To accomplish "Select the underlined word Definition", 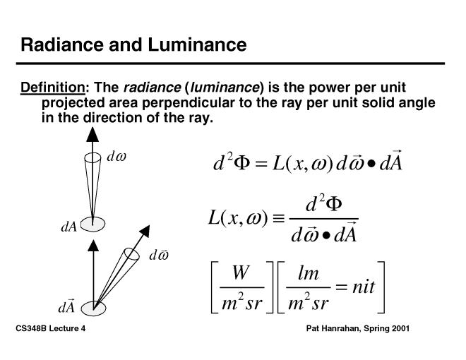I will pyautogui.click(x=52, y=88).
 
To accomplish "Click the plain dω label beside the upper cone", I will pyautogui.click(x=116, y=157).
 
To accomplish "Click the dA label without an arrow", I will pyautogui.click(x=68, y=227).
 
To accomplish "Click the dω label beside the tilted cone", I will pyautogui.click(x=158, y=256).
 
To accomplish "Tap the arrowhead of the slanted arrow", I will pyautogui.click(x=146, y=231).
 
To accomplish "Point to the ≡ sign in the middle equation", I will pyautogui.click(x=281, y=219).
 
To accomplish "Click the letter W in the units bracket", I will pyautogui.click(x=240, y=272).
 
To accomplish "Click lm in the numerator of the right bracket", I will pyautogui.click(x=308, y=272).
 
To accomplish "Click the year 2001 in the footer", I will pyautogui.click(x=398, y=330).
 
